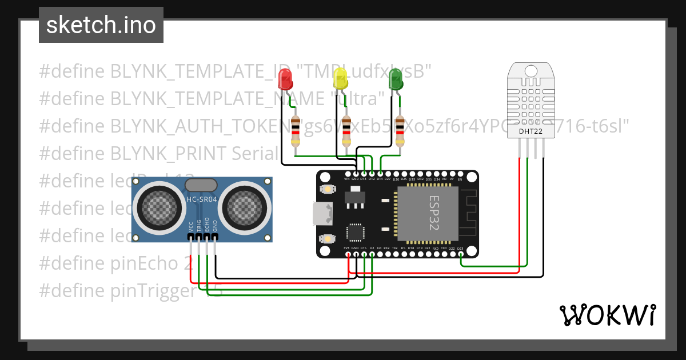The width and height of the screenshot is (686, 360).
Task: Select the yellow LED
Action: [340, 78]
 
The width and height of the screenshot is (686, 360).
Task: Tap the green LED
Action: [395, 78]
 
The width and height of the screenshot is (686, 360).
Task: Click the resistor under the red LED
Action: [296, 131]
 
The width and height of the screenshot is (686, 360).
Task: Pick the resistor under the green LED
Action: [400, 131]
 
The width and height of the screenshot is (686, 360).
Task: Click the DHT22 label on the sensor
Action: [531, 132]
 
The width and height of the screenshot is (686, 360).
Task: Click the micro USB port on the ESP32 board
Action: [321, 214]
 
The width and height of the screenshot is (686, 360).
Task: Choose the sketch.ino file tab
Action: [101, 25]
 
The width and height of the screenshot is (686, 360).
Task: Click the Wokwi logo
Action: [607, 315]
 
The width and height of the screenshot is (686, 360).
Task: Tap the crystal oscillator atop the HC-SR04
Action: [201, 185]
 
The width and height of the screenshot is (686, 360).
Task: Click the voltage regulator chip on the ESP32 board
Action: [355, 199]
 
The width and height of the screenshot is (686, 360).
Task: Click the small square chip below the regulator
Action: [355, 233]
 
